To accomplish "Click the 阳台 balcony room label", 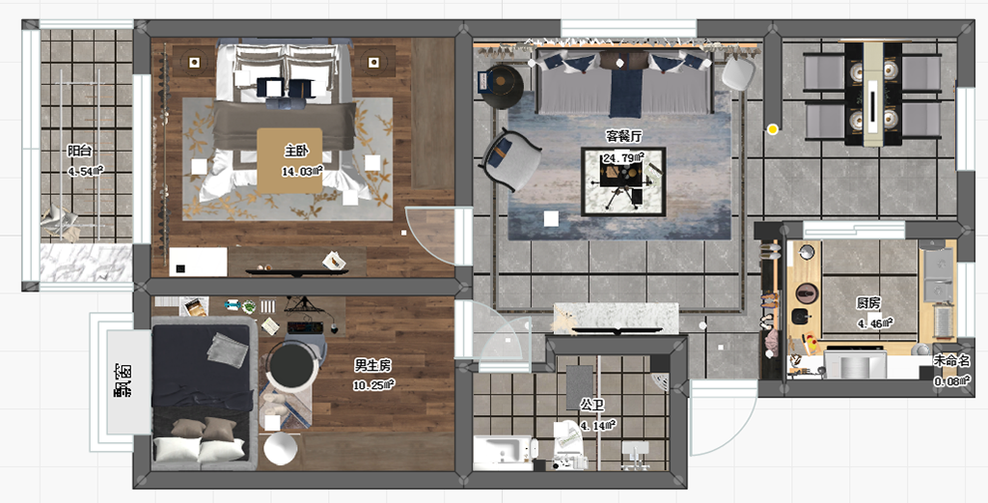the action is point(80,152).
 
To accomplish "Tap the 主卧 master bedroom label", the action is point(295,152).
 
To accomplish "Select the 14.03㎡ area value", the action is point(302,171).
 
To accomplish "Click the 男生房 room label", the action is point(372,365).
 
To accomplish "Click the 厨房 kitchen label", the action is point(868,303).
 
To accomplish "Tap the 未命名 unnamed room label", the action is point(952,362).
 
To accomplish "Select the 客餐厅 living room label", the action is point(624,136).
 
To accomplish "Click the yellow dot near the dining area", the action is point(773,129).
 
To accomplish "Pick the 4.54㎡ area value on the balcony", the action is point(85,172).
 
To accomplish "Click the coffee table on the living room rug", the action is point(623,182).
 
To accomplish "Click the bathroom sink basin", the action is point(502,451).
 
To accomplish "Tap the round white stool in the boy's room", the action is point(281,449).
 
